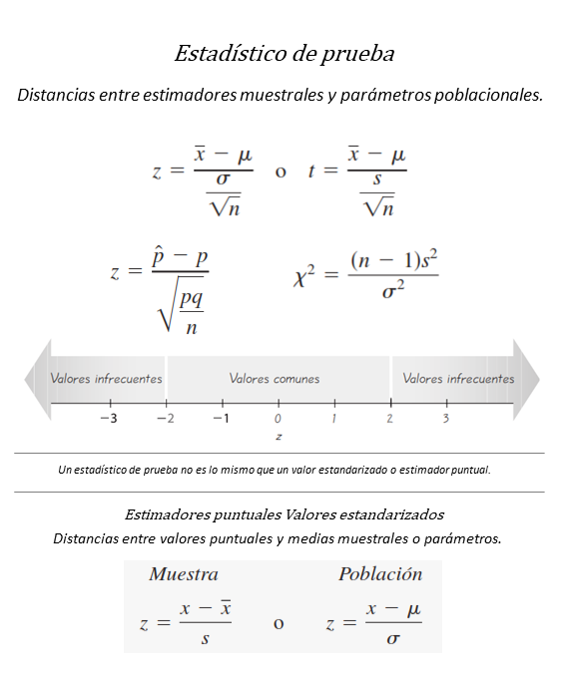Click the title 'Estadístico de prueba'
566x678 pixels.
(x=283, y=53)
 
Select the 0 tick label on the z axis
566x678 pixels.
(x=279, y=419)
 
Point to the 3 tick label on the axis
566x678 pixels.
(x=446, y=419)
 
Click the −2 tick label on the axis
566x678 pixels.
(x=165, y=419)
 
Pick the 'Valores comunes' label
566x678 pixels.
(x=275, y=379)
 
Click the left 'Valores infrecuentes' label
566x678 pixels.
(x=106, y=379)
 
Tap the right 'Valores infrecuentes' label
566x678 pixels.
(x=458, y=379)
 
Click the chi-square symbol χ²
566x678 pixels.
(x=306, y=277)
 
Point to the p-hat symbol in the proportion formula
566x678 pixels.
(x=159, y=256)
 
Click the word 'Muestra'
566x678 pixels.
(x=184, y=574)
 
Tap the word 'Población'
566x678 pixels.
(x=380, y=574)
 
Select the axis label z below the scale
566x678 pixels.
(x=279, y=437)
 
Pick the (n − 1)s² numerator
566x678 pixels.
(x=394, y=260)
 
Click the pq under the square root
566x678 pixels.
(x=192, y=299)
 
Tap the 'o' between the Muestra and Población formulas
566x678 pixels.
(x=278, y=624)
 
